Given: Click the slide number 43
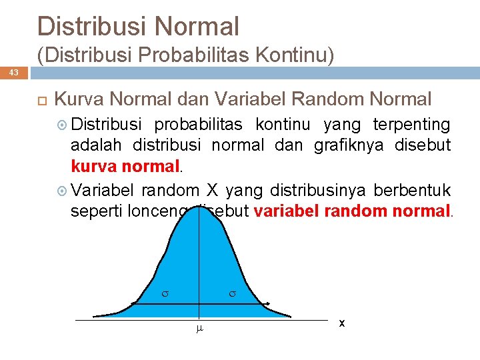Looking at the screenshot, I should pos(14,72).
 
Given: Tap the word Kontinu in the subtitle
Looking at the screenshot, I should pos(296,55).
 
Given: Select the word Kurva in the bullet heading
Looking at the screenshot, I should pos(79,100).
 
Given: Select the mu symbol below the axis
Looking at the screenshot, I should pos(198,329).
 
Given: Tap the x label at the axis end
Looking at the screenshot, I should pos(341,323).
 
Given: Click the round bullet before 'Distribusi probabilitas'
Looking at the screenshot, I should pos(63,125).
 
